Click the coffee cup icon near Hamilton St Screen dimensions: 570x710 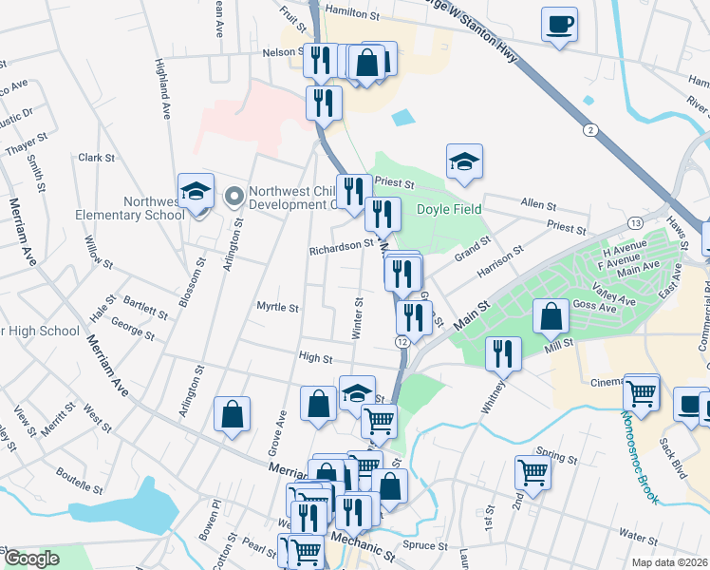pos(559,24)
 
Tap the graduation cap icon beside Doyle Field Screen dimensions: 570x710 pos(464,162)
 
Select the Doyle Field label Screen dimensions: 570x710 pos(448,209)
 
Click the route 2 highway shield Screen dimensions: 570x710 pos(591,129)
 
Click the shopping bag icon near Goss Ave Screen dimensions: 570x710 pos(551,316)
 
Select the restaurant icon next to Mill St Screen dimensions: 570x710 pos(503,353)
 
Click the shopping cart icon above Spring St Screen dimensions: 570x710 pos(532,472)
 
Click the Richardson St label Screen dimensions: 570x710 pos(342,246)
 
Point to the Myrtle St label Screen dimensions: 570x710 pos(277,308)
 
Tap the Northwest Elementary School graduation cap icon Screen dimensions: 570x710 pos(196,192)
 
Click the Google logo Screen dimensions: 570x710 pos(31,559)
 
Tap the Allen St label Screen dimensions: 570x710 pos(538,204)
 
